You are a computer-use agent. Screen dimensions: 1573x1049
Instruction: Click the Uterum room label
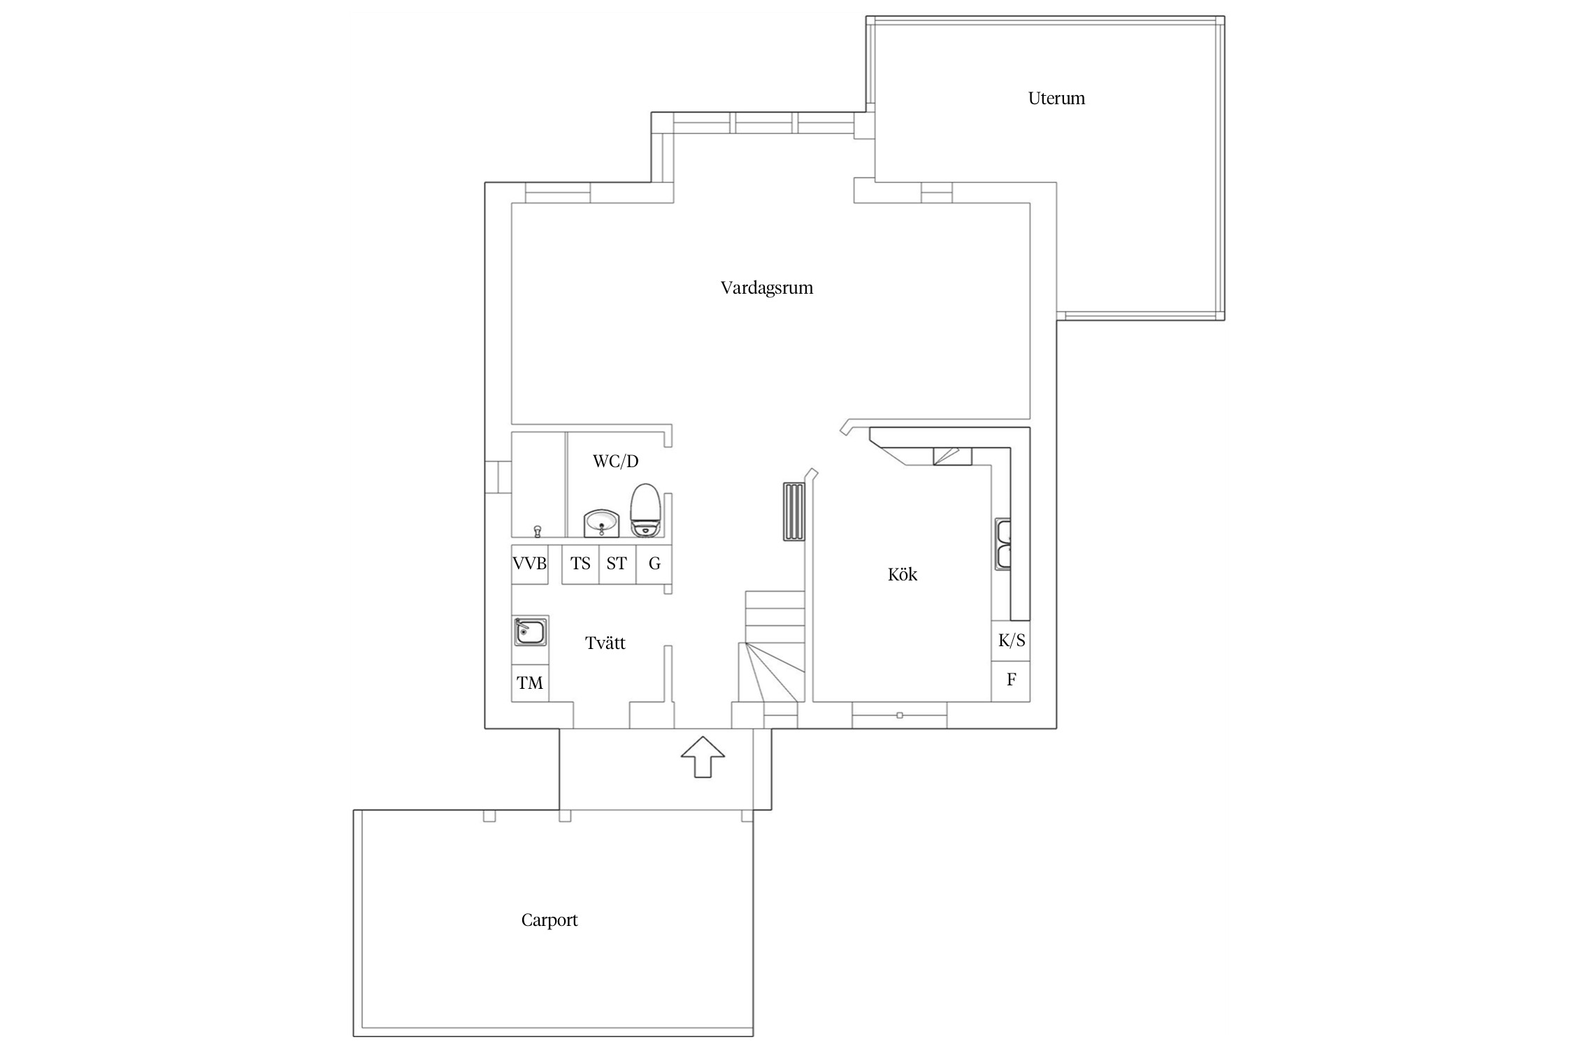point(1056,99)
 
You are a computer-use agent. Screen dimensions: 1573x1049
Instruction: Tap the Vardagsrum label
point(767,288)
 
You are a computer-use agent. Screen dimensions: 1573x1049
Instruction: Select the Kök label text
point(902,574)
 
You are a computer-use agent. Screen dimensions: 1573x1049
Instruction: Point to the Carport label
point(550,920)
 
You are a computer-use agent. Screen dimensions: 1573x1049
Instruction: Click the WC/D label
point(615,462)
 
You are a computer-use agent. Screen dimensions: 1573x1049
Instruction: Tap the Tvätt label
point(605,643)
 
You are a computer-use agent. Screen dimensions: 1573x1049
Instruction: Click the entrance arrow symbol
point(703,757)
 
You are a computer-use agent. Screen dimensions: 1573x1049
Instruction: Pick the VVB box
point(530,564)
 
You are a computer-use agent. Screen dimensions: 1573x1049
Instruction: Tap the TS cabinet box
point(580,564)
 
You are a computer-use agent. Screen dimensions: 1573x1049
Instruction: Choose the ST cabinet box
point(617,564)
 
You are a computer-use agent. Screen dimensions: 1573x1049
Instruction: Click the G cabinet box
point(654,564)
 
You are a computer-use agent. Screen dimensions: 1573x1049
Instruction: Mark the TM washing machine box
point(530,683)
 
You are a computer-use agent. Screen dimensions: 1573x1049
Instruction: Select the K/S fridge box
point(1011,641)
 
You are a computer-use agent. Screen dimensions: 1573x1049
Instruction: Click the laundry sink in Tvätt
point(531,632)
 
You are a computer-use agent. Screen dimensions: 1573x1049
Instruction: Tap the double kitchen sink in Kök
point(1003,545)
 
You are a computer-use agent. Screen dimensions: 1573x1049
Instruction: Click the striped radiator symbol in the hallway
point(794,511)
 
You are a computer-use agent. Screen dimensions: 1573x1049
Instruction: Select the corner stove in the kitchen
point(952,457)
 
